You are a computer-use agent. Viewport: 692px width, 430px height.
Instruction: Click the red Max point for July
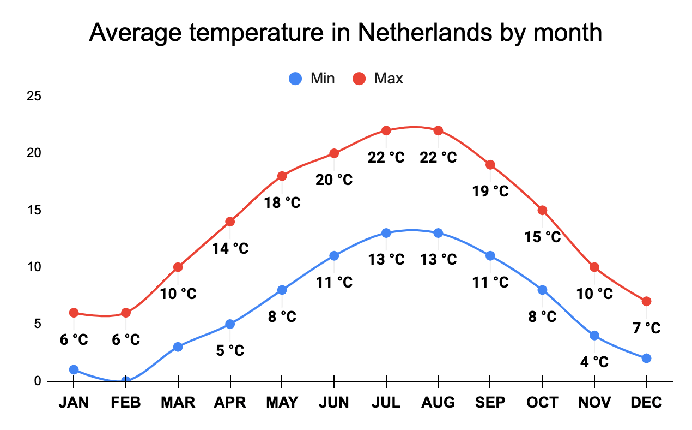click(x=386, y=130)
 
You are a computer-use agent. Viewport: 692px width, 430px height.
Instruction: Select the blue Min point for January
click(x=74, y=369)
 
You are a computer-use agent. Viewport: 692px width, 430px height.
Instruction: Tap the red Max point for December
click(x=646, y=301)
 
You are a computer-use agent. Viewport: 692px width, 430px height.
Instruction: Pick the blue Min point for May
click(x=282, y=290)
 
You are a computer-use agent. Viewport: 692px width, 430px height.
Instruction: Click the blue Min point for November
click(x=594, y=335)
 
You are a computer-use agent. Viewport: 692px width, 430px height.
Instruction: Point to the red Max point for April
click(x=230, y=222)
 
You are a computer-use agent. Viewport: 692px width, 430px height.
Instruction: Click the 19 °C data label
click(x=490, y=192)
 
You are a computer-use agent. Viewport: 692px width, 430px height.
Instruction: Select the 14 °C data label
click(x=230, y=249)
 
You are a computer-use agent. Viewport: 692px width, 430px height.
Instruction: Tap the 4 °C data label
click(x=594, y=362)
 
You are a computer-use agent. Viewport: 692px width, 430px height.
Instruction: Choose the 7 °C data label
click(x=646, y=328)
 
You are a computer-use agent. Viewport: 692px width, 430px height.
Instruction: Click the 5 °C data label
click(x=230, y=350)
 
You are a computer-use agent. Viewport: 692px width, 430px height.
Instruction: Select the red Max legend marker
click(x=360, y=79)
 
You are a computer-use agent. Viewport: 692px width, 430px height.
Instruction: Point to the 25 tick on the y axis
click(x=34, y=97)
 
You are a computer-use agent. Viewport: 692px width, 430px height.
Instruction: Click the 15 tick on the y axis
click(x=34, y=210)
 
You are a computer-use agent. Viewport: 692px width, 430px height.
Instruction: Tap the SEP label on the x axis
click(x=490, y=403)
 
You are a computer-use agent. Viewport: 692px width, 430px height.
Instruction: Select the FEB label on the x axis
click(x=126, y=403)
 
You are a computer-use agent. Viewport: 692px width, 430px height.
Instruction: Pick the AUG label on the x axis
click(x=438, y=403)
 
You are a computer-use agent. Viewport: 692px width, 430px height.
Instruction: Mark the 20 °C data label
click(x=334, y=180)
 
